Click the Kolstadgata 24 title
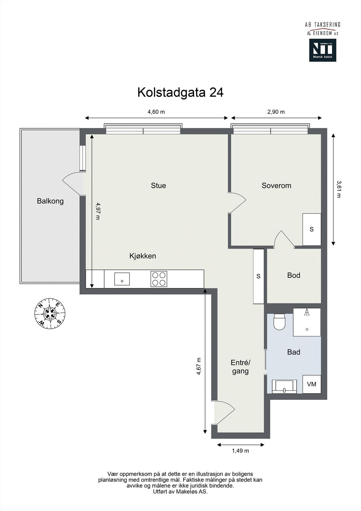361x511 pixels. pos(180,92)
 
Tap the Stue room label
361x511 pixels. pos(158,186)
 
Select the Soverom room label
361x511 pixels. pos(276,186)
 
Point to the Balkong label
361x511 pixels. pos(50,201)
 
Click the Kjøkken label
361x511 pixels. pos(143,256)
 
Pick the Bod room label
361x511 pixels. pos(294,275)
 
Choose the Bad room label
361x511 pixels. pos(294,352)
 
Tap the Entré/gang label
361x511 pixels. pos(240,367)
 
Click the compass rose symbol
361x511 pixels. pos(50,313)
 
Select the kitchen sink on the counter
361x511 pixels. pos(122,279)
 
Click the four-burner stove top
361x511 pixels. pos(159,279)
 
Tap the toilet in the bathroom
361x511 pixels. pos(279,321)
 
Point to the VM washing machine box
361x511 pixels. pos(312,384)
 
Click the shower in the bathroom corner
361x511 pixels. pos(307,322)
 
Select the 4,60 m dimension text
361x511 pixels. pos(156,112)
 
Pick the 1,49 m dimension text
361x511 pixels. pos(240,451)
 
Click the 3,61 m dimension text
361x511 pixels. pos(339,189)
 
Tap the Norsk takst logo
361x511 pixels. pos(322,50)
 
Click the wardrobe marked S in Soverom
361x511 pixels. pos(312,229)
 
